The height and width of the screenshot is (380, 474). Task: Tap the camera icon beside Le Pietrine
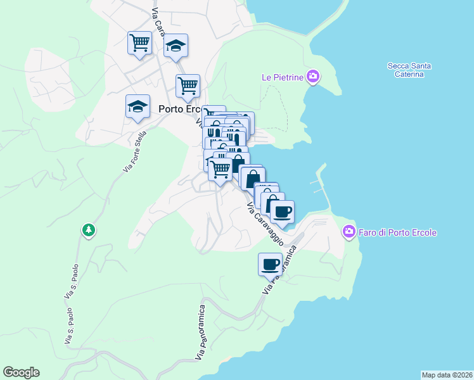pos(312,77)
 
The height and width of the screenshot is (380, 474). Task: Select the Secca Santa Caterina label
pos(406,70)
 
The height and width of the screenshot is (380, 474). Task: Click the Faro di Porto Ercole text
pos(398,232)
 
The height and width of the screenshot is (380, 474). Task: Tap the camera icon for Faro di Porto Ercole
pos(349,232)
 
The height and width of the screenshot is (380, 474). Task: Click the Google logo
pos(21,372)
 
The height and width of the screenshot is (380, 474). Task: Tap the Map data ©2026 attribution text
pos(447,375)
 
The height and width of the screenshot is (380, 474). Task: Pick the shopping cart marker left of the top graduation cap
pos(139,43)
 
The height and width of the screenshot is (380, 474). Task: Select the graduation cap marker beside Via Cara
pos(176,46)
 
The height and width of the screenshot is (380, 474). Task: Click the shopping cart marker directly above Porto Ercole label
pos(188,85)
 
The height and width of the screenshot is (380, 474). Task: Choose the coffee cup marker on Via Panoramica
pos(270,263)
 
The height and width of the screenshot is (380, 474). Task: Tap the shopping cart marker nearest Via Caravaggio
pos(220,169)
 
